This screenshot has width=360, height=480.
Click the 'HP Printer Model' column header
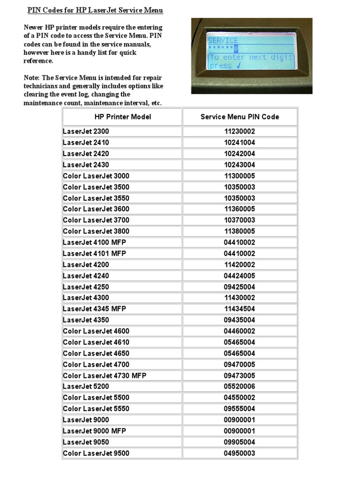coord(122,117)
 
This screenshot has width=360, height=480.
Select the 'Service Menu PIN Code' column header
coord(240,117)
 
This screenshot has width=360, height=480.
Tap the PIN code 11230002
coord(240,131)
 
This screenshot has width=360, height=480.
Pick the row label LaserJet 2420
coord(86,153)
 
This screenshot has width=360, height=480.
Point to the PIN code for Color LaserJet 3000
coord(240,176)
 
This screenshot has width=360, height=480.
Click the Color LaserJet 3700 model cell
coord(96,220)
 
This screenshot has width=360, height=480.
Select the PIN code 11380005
coord(240,231)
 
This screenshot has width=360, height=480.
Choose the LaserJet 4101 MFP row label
coord(94,253)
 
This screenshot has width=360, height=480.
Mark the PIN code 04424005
coord(240,276)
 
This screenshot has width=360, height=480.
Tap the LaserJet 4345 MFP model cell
coord(94,309)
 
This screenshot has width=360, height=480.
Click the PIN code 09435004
coord(240,320)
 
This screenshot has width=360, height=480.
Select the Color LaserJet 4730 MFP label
coord(105,375)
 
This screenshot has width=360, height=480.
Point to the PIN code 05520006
coord(240,386)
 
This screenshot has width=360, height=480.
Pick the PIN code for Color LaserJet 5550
coord(240,409)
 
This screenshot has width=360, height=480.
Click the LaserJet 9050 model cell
coord(86,442)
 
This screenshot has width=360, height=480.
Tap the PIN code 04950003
coord(240,453)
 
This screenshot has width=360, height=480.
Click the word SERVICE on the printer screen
coord(223,40)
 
